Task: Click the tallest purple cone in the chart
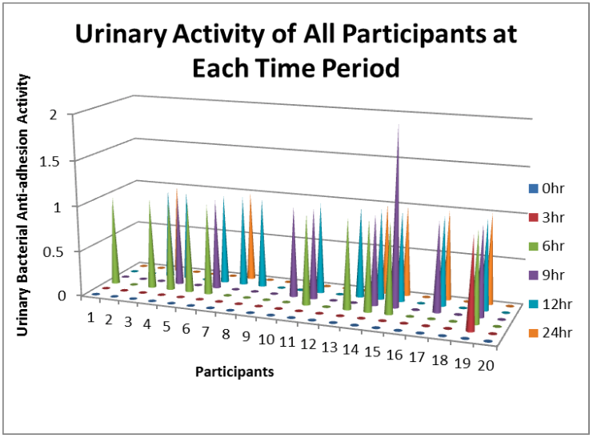(396, 227)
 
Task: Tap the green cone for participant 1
(114, 246)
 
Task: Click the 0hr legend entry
(546, 188)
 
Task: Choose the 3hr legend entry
(546, 217)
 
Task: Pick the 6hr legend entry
(546, 246)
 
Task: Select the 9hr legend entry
(546, 275)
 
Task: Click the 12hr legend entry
(550, 304)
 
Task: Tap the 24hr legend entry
(550, 333)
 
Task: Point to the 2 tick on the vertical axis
(54, 114)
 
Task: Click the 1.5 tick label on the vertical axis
(49, 161)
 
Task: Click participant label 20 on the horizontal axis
(486, 366)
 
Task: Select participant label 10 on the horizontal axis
(266, 340)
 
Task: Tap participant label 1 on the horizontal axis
(90, 318)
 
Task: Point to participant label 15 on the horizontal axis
(372, 352)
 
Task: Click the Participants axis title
(234, 372)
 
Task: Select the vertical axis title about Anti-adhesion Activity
(23, 205)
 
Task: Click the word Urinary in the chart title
(121, 34)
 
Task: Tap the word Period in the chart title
(360, 68)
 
